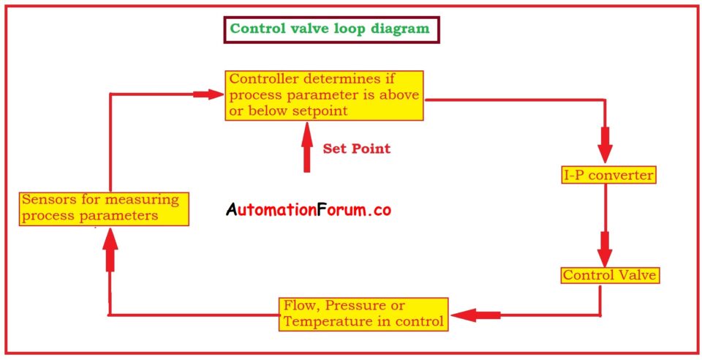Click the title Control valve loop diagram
click(329, 29)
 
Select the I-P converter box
click(609, 175)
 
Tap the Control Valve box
click(610, 275)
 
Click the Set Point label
click(356, 149)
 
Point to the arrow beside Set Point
click(306, 147)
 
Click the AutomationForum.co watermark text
click(309, 209)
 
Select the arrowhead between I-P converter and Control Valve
click(605, 250)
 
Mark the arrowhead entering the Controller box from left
click(208, 94)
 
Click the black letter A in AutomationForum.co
click(231, 209)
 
